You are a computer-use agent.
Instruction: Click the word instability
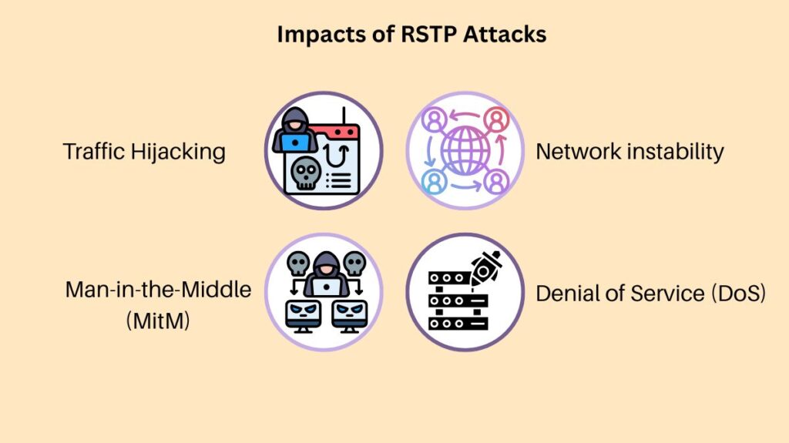(x=675, y=151)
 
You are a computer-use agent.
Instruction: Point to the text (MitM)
(x=158, y=317)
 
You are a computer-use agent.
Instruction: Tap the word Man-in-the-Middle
(x=158, y=290)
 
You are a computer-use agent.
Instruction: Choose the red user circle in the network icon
(x=497, y=119)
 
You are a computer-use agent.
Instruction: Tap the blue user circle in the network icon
(x=433, y=181)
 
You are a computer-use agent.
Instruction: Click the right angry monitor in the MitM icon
(x=349, y=313)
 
